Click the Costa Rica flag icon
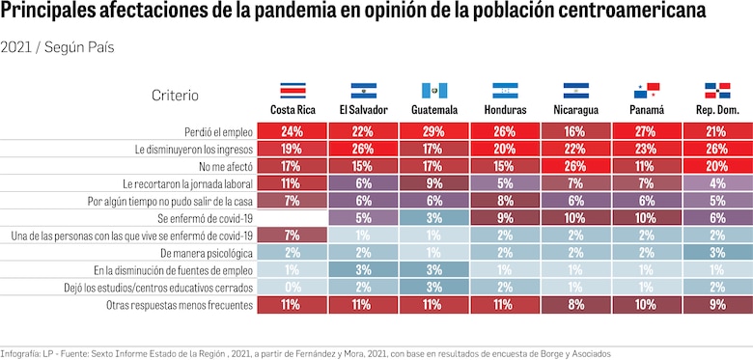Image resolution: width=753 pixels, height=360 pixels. (x=293, y=91)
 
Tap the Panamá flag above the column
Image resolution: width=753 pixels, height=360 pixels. (x=647, y=91)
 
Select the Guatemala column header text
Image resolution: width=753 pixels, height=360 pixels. (x=434, y=110)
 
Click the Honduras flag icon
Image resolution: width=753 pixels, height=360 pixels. (x=505, y=91)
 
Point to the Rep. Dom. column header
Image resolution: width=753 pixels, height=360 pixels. (x=717, y=110)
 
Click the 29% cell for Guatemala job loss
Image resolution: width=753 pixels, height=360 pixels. (x=434, y=131)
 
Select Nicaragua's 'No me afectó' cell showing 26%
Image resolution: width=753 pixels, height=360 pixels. (x=576, y=166)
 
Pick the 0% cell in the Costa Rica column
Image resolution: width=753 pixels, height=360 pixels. (x=293, y=288)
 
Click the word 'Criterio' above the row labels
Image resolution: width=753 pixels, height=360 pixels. (x=175, y=95)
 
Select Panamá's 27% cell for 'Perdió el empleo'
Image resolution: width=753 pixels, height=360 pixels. (x=647, y=131)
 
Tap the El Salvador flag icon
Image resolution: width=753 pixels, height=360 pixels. (x=364, y=91)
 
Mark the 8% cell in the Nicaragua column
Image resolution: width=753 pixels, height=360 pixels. (x=576, y=305)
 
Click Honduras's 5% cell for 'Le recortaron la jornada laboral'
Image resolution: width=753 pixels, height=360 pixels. (x=505, y=183)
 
